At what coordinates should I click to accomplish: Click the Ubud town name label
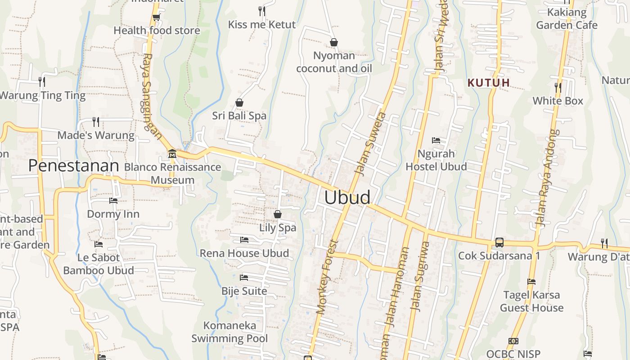(x=347, y=198)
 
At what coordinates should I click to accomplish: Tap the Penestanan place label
(x=73, y=166)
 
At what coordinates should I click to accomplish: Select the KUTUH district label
(x=489, y=83)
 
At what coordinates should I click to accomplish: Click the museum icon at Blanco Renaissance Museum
(x=172, y=154)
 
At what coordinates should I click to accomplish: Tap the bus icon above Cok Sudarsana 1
(x=499, y=243)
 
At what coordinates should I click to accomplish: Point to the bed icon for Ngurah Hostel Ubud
(x=436, y=140)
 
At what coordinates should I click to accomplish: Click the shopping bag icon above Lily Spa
(x=278, y=214)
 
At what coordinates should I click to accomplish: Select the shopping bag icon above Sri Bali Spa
(x=239, y=103)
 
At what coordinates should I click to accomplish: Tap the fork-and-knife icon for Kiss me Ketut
(x=261, y=11)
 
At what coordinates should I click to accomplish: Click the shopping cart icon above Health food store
(x=156, y=18)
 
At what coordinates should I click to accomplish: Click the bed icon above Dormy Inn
(x=113, y=201)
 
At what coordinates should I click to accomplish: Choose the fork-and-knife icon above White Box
(x=558, y=87)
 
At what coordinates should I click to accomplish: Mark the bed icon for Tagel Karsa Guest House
(x=531, y=282)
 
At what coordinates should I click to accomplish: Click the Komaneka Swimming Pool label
(x=229, y=332)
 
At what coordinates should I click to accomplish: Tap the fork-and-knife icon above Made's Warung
(x=95, y=121)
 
